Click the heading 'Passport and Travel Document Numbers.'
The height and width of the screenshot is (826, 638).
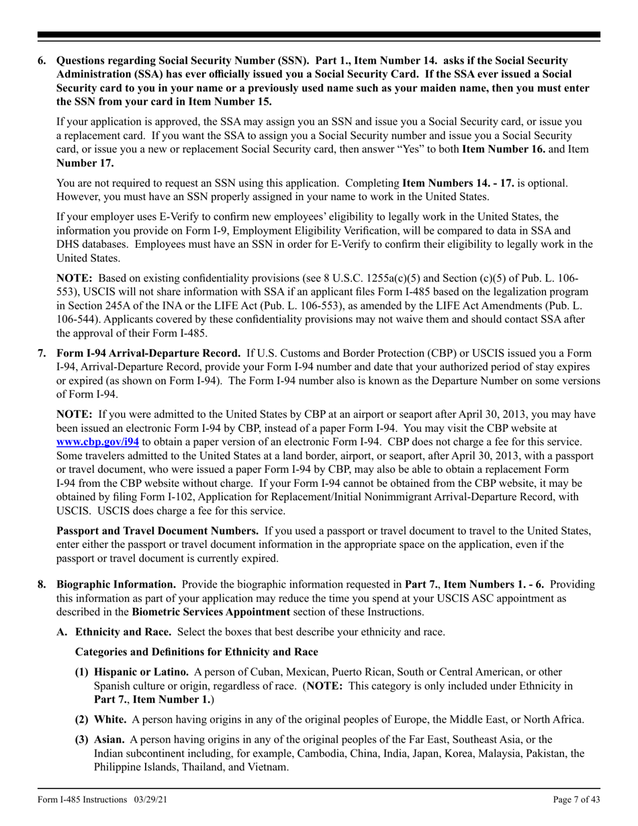[x=157, y=531]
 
